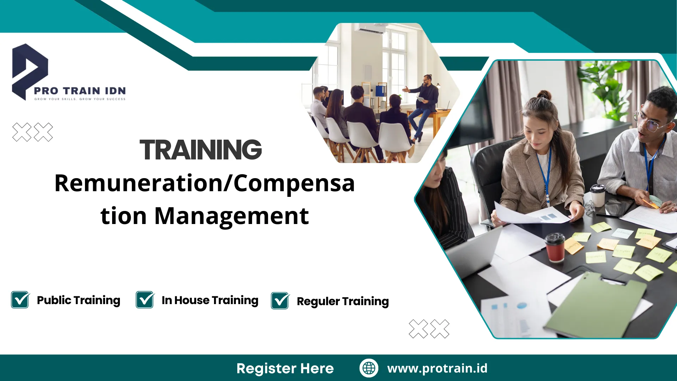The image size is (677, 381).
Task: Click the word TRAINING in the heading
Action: coord(201,150)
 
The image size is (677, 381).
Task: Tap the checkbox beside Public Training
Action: coord(20,300)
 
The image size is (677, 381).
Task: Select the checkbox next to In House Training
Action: coord(145,300)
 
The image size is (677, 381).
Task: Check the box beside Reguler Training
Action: coord(280,301)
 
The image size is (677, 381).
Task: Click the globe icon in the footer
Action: coord(369,368)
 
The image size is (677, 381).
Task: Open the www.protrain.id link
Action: coord(437,368)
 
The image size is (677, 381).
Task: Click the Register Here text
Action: coord(285,368)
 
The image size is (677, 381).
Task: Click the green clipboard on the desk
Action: coord(596,303)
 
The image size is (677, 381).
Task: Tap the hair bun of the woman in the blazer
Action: coord(544,95)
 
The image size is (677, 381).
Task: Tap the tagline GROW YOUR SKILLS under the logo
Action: coord(80,99)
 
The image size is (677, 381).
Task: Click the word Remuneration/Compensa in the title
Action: coord(205,183)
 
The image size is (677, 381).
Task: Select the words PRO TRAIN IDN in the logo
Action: coord(80,91)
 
